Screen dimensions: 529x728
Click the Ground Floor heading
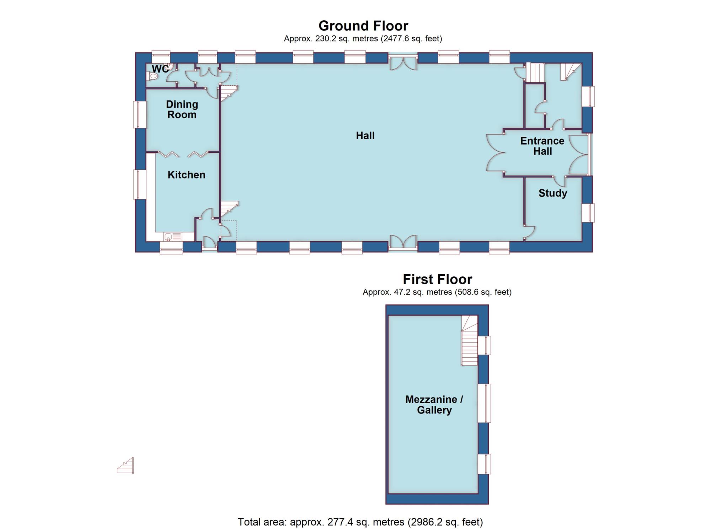[363, 26]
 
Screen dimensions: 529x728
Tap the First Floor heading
[437, 279]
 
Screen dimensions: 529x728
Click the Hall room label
[365, 135]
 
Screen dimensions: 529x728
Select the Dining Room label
[182, 109]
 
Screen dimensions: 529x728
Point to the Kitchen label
[186, 175]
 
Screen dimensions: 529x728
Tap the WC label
[160, 69]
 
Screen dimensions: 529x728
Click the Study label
[552, 193]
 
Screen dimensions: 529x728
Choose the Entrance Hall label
[542, 146]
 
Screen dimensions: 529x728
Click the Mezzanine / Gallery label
[434, 405]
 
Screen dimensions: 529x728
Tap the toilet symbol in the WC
[153, 76]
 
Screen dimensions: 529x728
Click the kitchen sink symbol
[172, 237]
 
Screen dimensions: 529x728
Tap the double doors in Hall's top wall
[402, 63]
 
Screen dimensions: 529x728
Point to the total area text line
[360, 522]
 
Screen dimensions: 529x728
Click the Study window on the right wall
[588, 213]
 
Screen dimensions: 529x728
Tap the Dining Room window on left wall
[140, 114]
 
